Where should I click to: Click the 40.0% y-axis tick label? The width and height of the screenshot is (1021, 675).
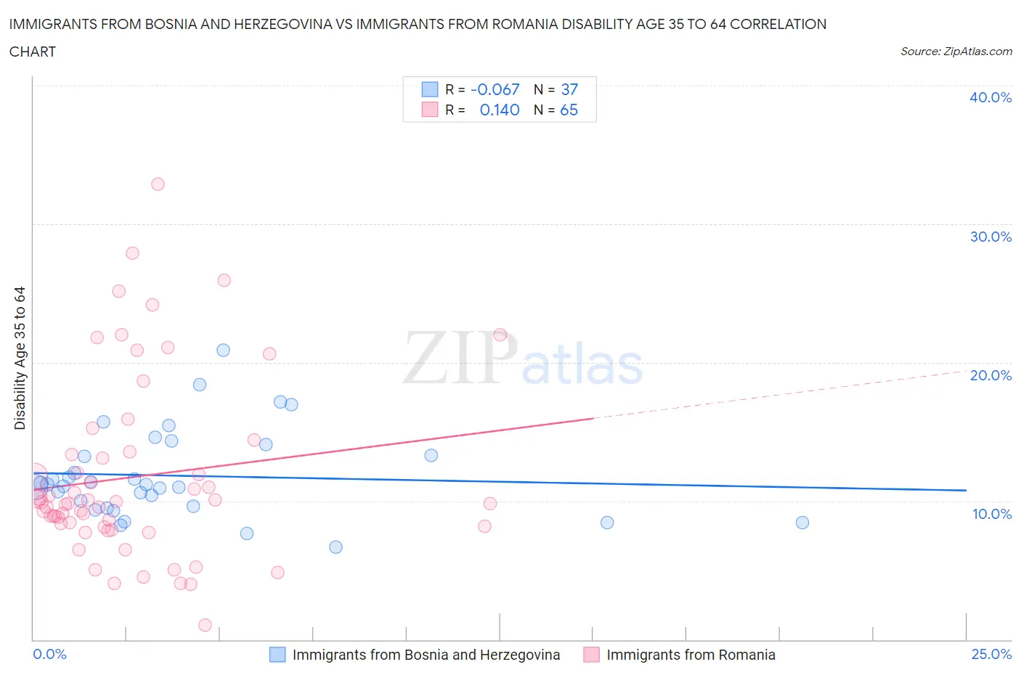click(x=990, y=97)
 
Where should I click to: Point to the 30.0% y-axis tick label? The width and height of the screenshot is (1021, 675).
click(x=990, y=237)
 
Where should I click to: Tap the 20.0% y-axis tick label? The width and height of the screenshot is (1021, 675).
click(x=990, y=375)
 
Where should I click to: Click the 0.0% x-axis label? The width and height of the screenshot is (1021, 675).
click(x=49, y=654)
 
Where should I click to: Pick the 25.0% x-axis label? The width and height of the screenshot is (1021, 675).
click(x=991, y=654)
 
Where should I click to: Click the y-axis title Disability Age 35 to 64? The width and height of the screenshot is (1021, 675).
click(x=20, y=358)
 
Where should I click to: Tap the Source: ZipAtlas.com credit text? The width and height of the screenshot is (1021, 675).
click(x=956, y=52)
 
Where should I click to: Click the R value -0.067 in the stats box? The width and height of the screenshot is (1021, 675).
click(x=495, y=89)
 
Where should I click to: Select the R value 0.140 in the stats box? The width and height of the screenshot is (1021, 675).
click(x=500, y=110)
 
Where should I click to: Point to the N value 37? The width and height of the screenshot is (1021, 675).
click(x=569, y=89)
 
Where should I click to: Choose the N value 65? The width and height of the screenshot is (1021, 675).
click(x=569, y=110)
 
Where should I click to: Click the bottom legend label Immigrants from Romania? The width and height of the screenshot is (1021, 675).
click(x=691, y=655)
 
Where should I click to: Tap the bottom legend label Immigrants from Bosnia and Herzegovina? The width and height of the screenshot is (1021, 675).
click(x=426, y=655)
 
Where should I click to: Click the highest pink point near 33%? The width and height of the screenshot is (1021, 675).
click(x=158, y=184)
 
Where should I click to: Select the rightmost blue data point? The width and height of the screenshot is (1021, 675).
click(x=802, y=523)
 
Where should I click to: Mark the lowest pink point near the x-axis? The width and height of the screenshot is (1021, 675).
click(x=205, y=625)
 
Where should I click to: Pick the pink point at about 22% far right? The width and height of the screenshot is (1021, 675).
click(x=500, y=335)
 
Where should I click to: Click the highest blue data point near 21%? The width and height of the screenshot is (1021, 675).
click(x=223, y=350)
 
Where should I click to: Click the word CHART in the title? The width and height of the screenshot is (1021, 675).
click(x=33, y=52)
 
